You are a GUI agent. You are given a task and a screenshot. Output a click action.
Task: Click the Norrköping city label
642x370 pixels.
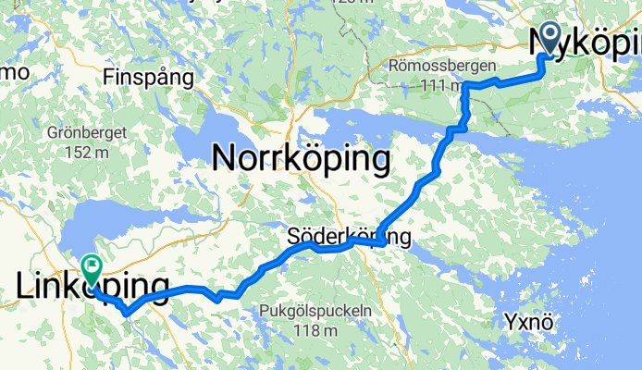pos(300,159)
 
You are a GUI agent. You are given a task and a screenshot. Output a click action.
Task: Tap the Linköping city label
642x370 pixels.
pos(93,288)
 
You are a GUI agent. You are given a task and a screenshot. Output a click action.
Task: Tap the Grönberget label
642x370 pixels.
pos(85,132)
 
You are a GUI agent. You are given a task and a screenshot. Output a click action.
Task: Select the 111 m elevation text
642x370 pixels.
pos(439,86)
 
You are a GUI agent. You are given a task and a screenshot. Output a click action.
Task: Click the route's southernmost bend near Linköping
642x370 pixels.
pos(127,313)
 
